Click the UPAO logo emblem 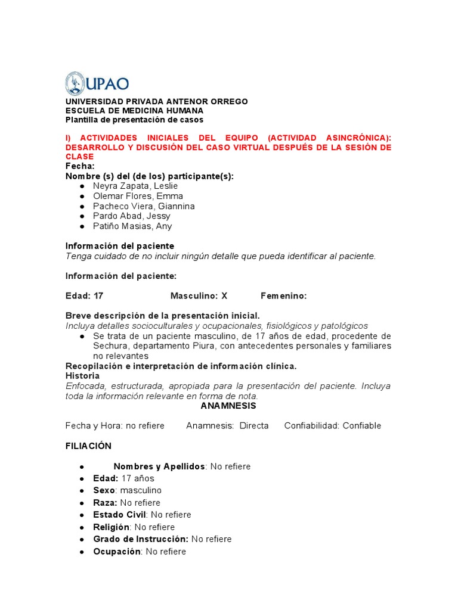point(75,84)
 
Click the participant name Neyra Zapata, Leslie point(135,186)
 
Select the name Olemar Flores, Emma point(138,196)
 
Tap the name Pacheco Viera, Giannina point(144,206)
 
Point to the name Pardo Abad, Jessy point(132,216)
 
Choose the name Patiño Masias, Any point(132,226)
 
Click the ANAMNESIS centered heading point(228,406)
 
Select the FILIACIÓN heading point(88,446)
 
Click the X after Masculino point(224,295)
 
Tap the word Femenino point(283,295)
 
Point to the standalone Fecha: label point(80,166)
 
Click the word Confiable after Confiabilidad point(361,425)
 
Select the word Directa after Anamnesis point(254,425)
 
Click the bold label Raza point(105,503)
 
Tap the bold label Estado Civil point(120,515)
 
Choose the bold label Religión point(111,527)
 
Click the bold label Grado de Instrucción point(140,539)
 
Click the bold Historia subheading point(82,376)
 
